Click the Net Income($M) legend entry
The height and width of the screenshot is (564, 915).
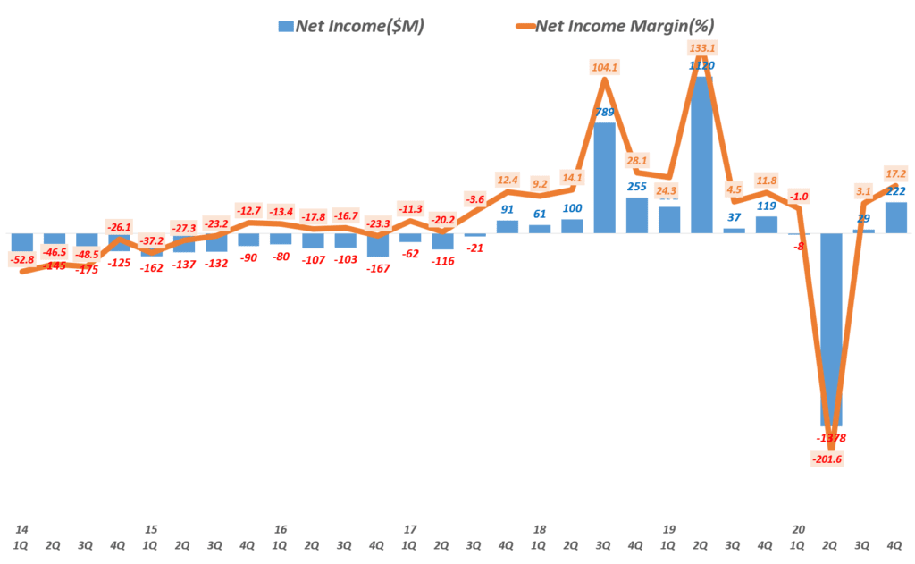coord(350,26)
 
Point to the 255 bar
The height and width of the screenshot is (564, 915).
coord(637,215)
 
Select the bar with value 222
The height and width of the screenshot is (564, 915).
coord(896,217)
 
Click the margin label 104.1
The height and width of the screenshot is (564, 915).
coord(605,67)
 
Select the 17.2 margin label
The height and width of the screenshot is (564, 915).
coord(895,173)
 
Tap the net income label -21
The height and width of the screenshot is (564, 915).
coord(474,248)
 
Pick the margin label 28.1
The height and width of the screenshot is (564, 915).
coord(637,161)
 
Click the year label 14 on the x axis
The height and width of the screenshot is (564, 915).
coord(21,529)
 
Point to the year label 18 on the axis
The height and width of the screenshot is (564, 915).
coord(539,529)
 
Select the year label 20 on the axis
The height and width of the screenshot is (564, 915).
coord(798,529)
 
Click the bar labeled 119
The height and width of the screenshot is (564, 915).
coord(767,224)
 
